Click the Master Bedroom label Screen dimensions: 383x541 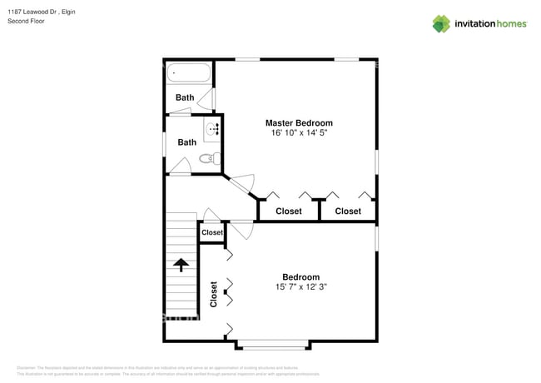pos(299,122)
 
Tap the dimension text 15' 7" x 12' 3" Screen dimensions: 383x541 pos(300,287)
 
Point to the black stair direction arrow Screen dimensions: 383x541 pos(181,266)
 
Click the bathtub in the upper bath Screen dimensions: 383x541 pos(189,74)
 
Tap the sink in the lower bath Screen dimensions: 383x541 pos(212,128)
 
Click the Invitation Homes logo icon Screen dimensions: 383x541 pos(440,23)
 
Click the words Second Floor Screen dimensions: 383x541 pos(27,21)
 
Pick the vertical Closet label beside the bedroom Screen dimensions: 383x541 pos(214,295)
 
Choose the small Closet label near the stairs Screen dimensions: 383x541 pos(212,232)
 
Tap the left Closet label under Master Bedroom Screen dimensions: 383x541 pos(289,211)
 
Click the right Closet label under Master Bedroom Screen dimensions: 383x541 pos(348,211)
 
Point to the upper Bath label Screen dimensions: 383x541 pos(185,97)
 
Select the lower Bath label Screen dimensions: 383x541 pos(187,142)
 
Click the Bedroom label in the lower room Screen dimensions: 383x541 pos(300,277)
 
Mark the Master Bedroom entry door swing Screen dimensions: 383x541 pos(242,185)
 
